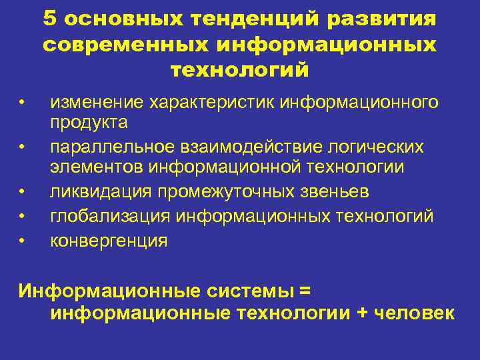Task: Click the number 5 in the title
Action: click(x=51, y=19)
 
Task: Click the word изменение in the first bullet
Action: click(x=97, y=103)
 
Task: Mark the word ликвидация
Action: click(x=100, y=193)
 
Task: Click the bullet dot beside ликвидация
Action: click(x=22, y=193)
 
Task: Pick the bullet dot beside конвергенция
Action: click(x=22, y=239)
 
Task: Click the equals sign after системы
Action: click(x=305, y=291)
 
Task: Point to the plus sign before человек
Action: click(x=362, y=313)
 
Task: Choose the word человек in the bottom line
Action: click(x=415, y=313)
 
